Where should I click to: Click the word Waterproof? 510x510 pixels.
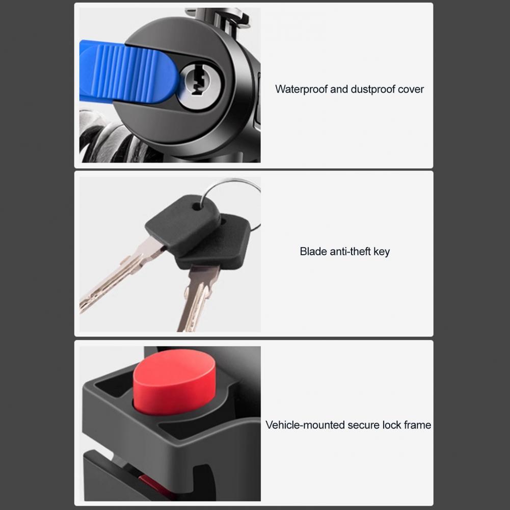pyautogui.click(x=301, y=89)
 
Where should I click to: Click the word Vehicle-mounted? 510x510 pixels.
pyautogui.click(x=305, y=425)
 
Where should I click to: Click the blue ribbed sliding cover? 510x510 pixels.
pyautogui.click(x=128, y=71)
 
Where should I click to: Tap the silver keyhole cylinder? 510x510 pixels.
pyautogui.click(x=200, y=85)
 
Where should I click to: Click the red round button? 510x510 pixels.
pyautogui.click(x=175, y=383)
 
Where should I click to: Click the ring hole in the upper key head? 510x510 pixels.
pyautogui.click(x=196, y=206)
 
